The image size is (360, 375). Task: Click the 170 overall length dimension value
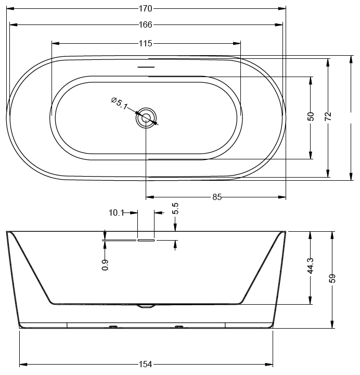point(146,9)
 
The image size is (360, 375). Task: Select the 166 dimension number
point(146,24)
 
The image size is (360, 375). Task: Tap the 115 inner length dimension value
point(146,44)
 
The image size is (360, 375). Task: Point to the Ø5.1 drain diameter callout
point(120,103)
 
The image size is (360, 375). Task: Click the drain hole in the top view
point(146,118)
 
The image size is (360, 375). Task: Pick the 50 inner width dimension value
point(311,116)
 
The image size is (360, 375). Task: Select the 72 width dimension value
point(328,116)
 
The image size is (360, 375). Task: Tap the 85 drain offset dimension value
point(217,197)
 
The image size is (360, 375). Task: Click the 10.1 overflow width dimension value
point(117,213)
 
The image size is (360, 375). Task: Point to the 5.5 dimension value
point(175,208)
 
